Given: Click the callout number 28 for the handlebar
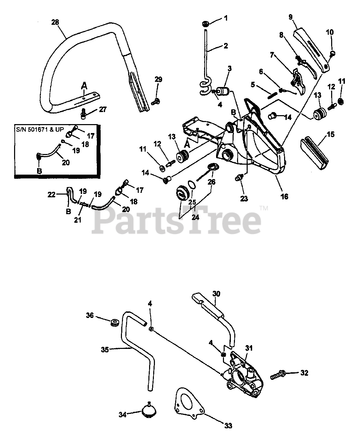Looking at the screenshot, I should tap(55, 22).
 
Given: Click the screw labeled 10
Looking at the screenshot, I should tap(332, 53).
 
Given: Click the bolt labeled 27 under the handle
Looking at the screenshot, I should tap(83, 113).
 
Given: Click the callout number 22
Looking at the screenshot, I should tap(51, 194).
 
